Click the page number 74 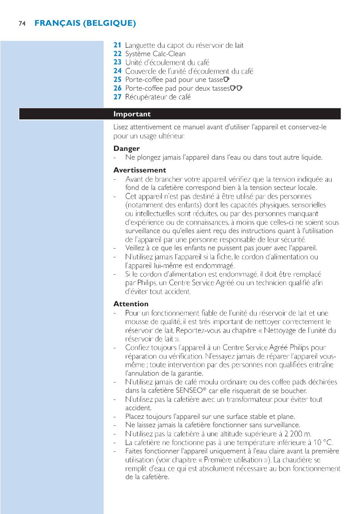(x=22, y=24)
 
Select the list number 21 (x=117, y=45)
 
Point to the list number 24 (x=117, y=71)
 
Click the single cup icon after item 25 (x=227, y=80)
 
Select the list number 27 (x=117, y=97)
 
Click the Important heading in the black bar (x=132, y=114)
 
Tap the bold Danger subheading (x=127, y=149)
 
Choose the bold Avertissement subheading (x=139, y=170)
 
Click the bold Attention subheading (x=131, y=304)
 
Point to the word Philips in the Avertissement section (x=147, y=283)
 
